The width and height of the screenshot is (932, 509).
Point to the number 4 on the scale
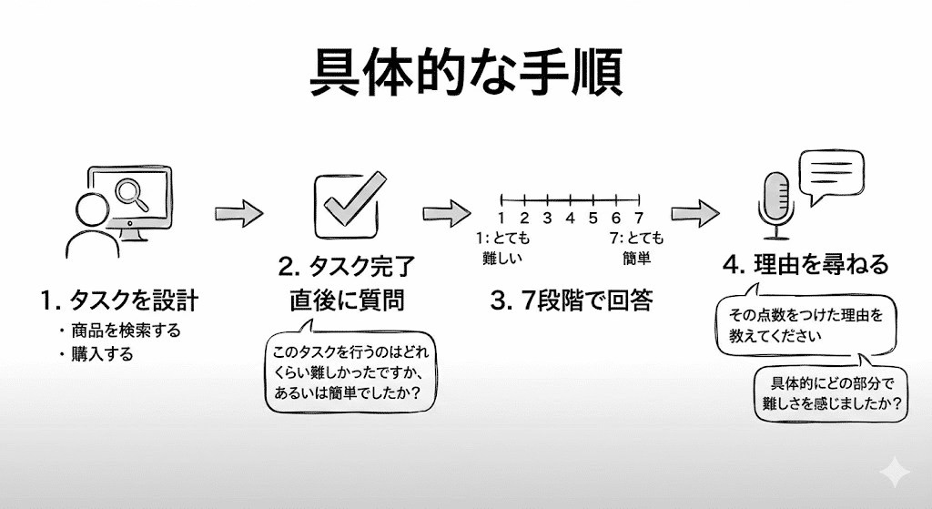pyautogui.click(x=570, y=218)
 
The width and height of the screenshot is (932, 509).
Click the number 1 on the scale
pyautogui.click(x=501, y=218)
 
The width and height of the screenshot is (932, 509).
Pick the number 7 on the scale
pyautogui.click(x=639, y=218)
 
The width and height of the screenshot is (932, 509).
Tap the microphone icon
pyautogui.click(x=777, y=206)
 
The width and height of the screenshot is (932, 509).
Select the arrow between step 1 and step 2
pyautogui.click(x=239, y=214)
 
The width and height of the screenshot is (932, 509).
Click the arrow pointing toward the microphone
pyautogui.click(x=696, y=214)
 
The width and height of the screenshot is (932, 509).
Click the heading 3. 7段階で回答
pyautogui.click(x=572, y=301)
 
